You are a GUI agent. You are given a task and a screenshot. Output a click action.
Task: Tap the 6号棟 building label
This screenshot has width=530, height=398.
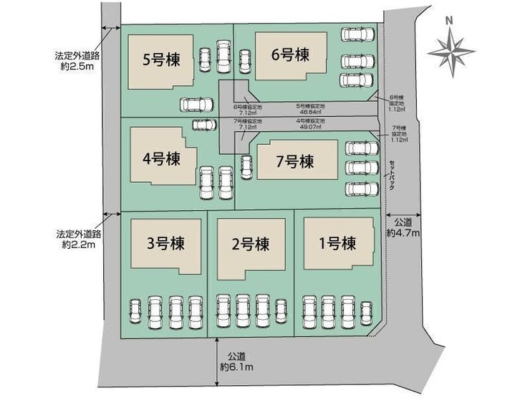(290, 54)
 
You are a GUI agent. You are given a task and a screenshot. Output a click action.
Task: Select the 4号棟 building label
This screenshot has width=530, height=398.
(160, 159)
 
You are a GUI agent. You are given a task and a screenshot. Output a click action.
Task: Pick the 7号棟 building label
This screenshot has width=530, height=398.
(295, 162)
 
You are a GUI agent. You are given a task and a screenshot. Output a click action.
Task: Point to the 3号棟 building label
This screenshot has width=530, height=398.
(165, 243)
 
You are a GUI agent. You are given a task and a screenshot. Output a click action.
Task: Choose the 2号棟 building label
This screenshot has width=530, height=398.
(251, 243)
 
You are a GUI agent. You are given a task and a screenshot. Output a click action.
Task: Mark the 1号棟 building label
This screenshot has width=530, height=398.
(337, 243)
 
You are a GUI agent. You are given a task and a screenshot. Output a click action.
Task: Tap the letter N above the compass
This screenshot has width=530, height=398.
(449, 20)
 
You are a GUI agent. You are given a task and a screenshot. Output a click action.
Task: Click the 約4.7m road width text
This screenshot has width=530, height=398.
(403, 232)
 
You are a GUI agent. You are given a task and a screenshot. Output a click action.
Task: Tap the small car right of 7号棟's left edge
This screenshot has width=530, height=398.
(247, 167)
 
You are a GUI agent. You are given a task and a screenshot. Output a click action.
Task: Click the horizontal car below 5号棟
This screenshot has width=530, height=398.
(196, 105)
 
